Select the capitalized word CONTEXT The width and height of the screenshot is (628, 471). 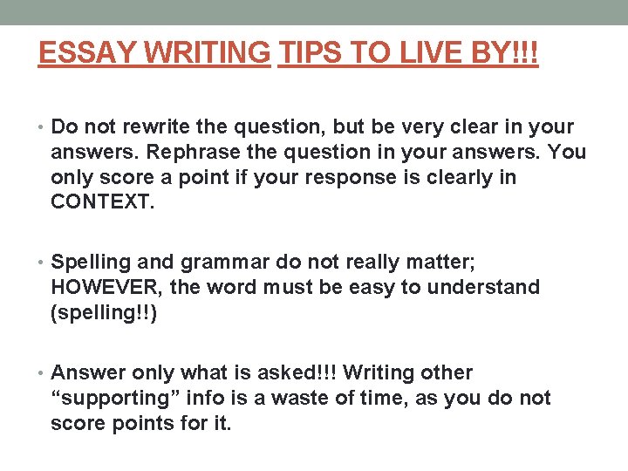click(101, 203)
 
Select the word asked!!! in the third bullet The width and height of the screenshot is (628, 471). click(298, 373)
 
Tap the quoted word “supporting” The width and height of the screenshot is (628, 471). click(115, 399)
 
